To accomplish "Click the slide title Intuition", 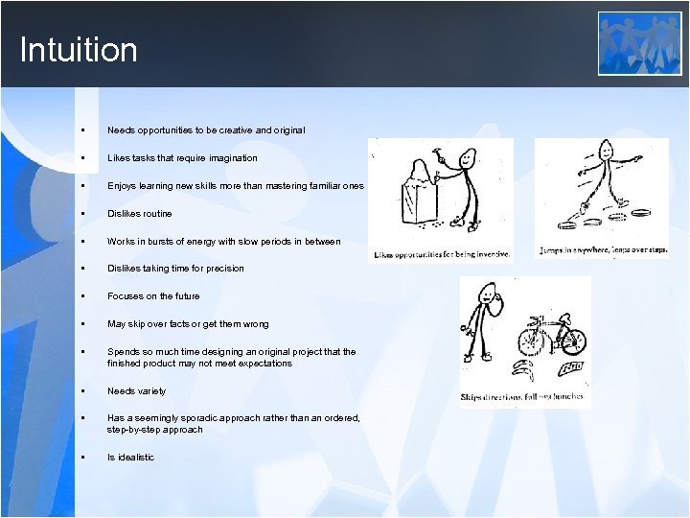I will point(79,50).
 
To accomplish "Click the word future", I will point(182,296).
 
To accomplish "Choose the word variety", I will point(150,391).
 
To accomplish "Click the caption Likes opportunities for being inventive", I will point(442,255).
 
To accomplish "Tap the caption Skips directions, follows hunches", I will point(522,396).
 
